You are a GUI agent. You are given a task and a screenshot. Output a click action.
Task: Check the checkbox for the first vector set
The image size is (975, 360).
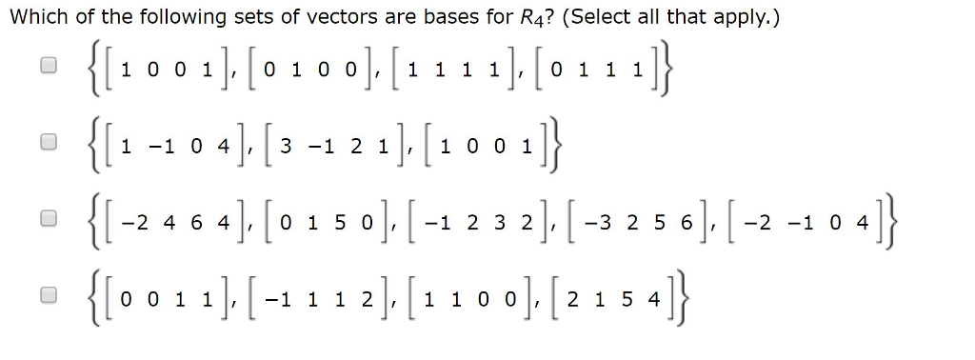coord(46,66)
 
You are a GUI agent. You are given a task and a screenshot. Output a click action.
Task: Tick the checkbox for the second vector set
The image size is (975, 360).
coord(46,142)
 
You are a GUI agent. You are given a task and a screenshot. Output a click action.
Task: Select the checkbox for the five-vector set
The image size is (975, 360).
coord(46,218)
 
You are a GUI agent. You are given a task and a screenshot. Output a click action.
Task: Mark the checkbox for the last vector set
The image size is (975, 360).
coord(46,294)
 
